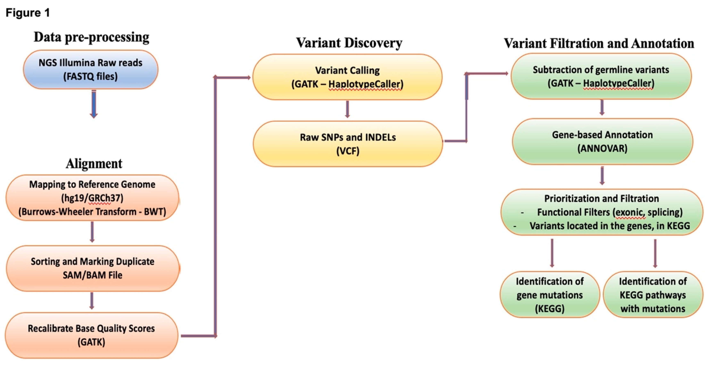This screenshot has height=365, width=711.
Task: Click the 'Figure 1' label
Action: coord(28,13)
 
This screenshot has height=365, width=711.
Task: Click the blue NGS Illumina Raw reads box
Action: coord(91,70)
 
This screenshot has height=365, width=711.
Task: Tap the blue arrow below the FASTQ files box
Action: coord(94,104)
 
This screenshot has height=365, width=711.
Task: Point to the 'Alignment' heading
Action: coord(94,163)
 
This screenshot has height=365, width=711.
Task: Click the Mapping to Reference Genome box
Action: coord(92,198)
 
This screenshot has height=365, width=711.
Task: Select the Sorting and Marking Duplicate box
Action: coord(92,268)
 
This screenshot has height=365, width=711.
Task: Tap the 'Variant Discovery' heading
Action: coord(349,43)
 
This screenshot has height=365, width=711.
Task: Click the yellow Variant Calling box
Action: coord(347,77)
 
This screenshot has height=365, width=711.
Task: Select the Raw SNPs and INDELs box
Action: coord(348,144)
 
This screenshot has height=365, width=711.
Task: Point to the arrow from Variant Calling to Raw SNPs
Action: coord(347,109)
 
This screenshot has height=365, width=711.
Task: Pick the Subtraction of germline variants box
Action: coord(601,76)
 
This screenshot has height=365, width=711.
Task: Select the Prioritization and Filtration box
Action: coord(602,212)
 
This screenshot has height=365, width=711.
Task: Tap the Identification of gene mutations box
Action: coord(549,295)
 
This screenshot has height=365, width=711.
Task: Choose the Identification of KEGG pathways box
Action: coord(653,295)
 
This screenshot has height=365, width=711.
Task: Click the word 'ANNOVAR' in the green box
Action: coord(602,148)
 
